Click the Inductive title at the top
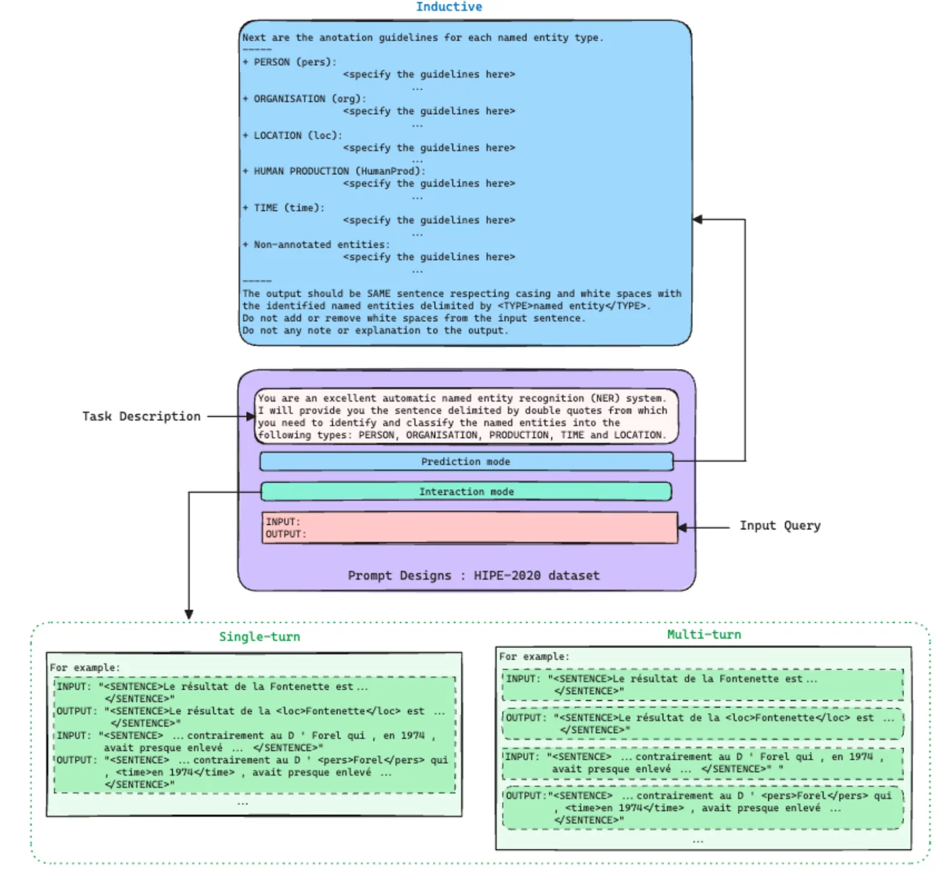(x=448, y=7)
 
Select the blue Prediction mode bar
(x=466, y=462)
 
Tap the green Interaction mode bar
(x=466, y=492)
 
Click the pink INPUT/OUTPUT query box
(x=470, y=528)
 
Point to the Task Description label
(x=141, y=416)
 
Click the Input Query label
(x=779, y=526)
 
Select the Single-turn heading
(x=260, y=637)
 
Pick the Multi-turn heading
(x=704, y=635)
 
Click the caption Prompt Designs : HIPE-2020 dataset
(x=473, y=576)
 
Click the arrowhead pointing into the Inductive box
(x=698, y=220)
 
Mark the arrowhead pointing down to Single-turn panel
(x=189, y=614)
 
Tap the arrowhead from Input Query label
(x=682, y=528)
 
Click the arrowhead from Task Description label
(x=251, y=416)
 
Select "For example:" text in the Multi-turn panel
(x=534, y=657)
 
